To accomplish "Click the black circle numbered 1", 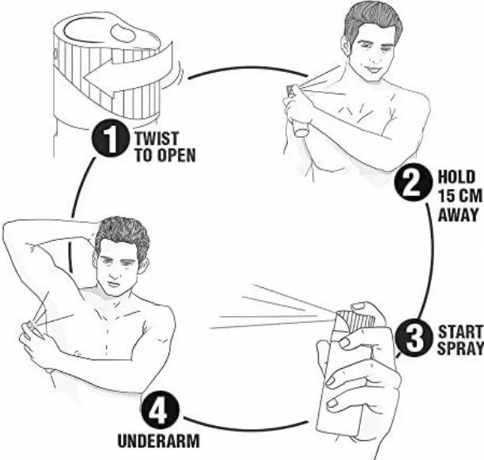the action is (110, 139).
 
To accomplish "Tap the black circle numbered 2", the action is (413, 183).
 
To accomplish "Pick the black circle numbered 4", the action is (161, 412).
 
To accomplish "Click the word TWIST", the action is (157, 138).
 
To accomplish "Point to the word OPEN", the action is (176, 154).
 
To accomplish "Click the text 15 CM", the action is (459, 196).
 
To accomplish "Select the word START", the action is (460, 332).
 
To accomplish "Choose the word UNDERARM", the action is (159, 441).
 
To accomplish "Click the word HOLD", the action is (456, 177).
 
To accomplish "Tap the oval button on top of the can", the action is (123, 32).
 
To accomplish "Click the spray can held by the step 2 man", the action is (296, 110).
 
